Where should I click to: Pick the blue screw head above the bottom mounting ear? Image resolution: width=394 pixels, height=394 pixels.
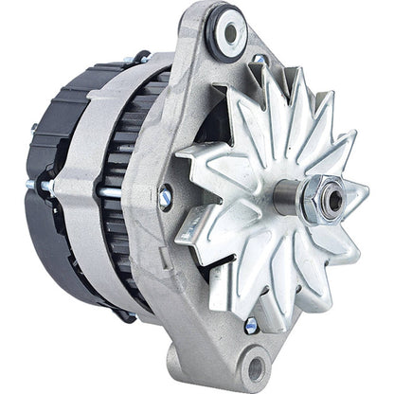249,325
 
